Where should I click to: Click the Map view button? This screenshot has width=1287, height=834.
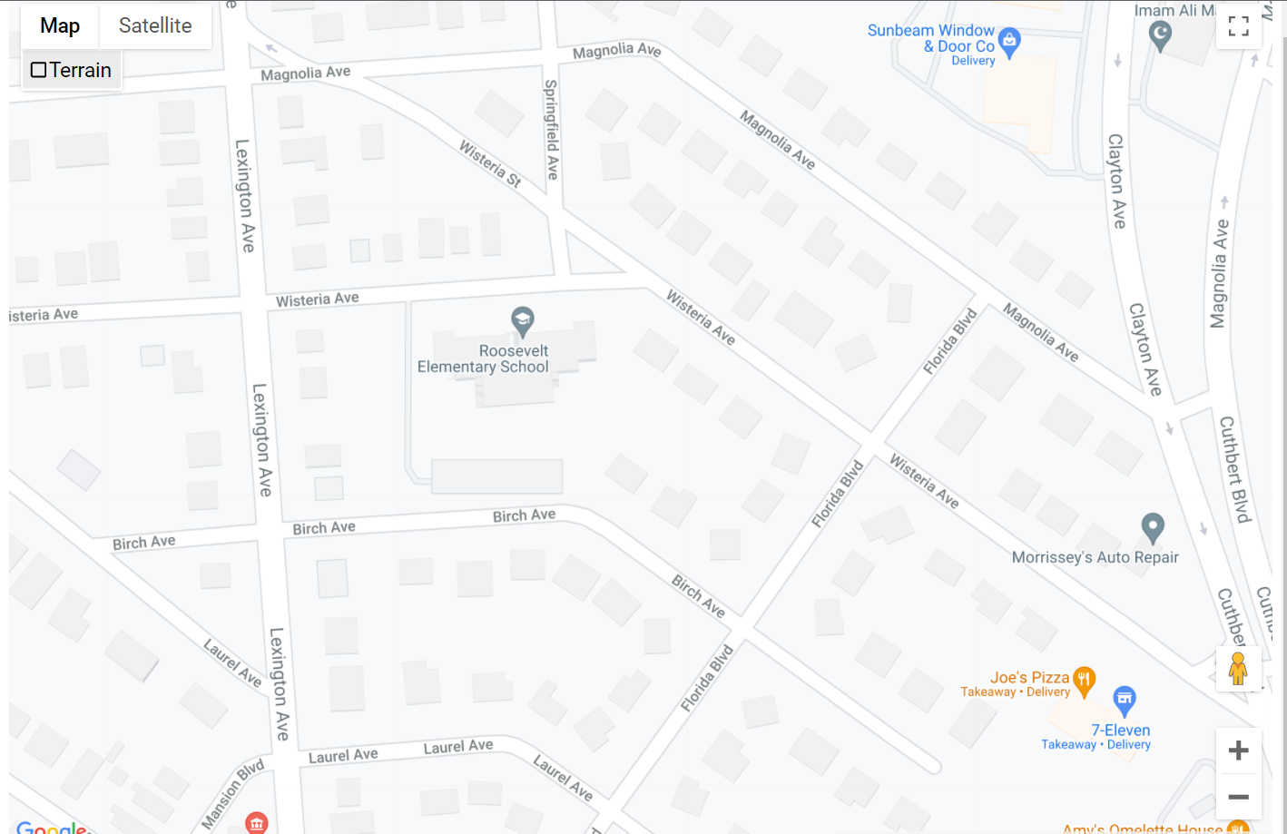point(60,26)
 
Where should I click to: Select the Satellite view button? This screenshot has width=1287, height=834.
point(155,26)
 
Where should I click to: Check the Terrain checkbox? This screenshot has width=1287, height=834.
point(39,70)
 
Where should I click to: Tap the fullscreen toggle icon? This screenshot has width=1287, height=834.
point(1238,26)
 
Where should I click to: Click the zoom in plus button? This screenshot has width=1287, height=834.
point(1238,751)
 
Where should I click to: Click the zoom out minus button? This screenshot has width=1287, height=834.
point(1238,797)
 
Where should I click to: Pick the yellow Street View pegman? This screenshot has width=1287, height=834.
point(1238,669)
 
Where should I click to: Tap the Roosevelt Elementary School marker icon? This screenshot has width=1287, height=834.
point(522,319)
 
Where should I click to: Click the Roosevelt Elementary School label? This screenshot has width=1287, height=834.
point(484,358)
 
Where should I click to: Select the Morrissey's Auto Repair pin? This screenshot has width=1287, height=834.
point(1153,526)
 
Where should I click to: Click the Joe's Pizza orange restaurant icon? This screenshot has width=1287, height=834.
point(1084,678)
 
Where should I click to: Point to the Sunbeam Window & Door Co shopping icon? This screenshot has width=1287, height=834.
point(1009,40)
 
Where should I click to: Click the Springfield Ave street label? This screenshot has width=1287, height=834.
point(551,129)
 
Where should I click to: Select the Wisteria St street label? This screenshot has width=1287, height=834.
point(490,163)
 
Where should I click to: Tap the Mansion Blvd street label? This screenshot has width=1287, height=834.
point(232,793)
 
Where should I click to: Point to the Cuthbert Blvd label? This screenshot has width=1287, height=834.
point(1234,469)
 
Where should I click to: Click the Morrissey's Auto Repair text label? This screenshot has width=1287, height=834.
point(1095,557)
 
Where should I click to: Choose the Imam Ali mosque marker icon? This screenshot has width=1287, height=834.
point(1160,35)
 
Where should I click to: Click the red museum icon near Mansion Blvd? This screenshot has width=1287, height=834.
point(257,823)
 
